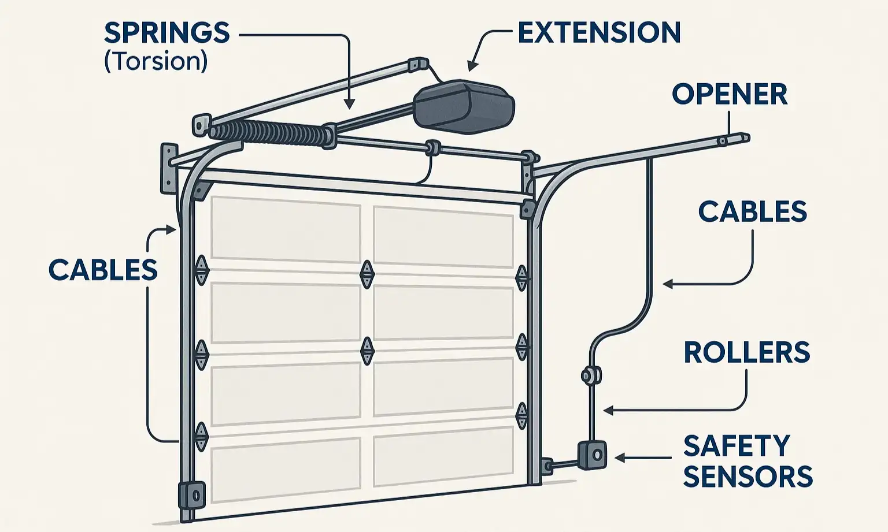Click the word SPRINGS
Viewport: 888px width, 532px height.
pos(166,33)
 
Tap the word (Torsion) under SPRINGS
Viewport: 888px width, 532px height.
pos(156,61)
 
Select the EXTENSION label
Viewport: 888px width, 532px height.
pos(599,32)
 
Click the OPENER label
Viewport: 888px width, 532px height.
pos(730,94)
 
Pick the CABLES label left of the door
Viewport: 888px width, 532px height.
pos(103,270)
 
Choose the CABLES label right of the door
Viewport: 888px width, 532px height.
pos(752,212)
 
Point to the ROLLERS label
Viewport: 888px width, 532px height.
pos(746,352)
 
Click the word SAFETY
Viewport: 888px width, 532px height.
pos(737,446)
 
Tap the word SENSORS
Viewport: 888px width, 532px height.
pos(748,477)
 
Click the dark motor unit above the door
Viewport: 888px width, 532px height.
pos(464,105)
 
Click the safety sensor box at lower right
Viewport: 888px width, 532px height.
pos(593,455)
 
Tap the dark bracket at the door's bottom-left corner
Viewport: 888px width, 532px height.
pos(192,494)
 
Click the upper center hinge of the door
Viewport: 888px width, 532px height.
pos(367,274)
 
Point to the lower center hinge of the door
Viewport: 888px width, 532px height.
pos(367,350)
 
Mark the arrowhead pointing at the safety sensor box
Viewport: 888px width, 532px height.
pos(619,458)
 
